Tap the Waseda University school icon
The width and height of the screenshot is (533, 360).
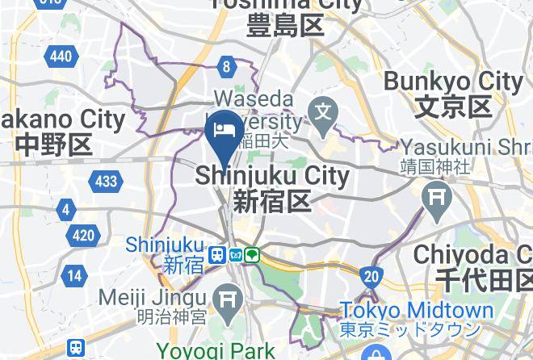tap(325, 108)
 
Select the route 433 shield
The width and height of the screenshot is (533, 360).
tap(107, 181)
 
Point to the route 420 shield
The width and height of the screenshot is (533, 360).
tap(83, 236)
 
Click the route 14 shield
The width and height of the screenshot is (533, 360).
tap(74, 275)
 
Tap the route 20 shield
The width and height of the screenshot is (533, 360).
tap(371, 277)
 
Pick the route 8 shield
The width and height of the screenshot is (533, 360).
tap(227, 67)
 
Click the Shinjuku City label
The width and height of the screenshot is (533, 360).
tap(272, 176)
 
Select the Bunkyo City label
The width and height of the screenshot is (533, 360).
tap(453, 82)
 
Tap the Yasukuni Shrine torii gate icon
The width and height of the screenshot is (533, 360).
tap(438, 195)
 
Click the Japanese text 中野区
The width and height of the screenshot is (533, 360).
tap(54, 145)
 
